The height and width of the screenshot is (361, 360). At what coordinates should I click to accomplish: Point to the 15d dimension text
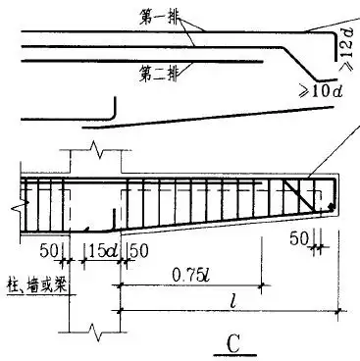point(102,251)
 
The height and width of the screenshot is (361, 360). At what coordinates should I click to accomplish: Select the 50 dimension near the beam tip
point(298,239)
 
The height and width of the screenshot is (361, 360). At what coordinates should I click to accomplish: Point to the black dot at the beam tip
point(332,208)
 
